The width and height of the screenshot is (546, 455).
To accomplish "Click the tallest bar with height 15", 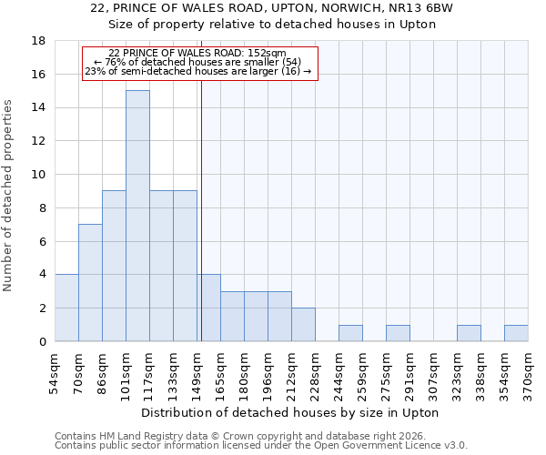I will click(137, 216).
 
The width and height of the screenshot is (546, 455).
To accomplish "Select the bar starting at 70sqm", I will click(90, 282).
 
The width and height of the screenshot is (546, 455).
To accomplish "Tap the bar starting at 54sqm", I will click(66, 308).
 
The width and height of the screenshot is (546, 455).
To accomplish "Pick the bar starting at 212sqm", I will click(303, 324).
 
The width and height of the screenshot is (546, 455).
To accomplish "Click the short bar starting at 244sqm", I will click(350, 333).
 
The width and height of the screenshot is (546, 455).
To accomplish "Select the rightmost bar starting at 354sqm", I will click(516, 333).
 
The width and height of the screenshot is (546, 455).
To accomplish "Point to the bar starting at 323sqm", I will click(469, 333).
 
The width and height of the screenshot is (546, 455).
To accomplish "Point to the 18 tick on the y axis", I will click(38, 41).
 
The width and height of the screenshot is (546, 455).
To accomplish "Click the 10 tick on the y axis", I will click(38, 175).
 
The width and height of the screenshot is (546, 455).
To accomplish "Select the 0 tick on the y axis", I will click(42, 341).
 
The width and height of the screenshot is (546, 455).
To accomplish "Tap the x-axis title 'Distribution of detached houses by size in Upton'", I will click(290, 413).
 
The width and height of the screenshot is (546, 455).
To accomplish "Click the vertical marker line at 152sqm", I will click(201, 227).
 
